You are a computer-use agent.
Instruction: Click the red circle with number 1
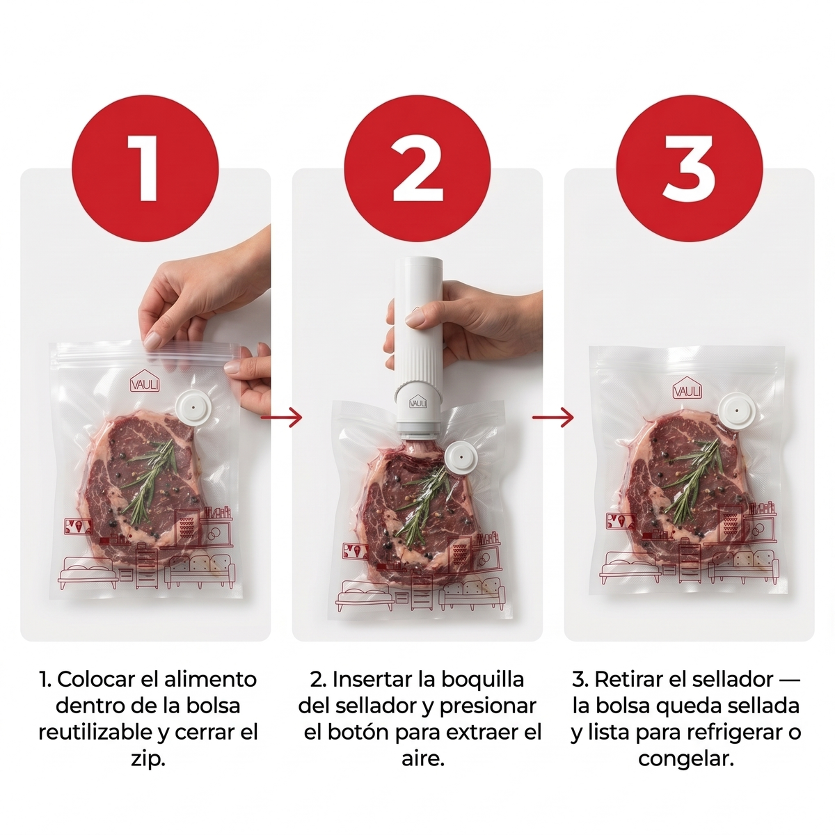click(x=145, y=168)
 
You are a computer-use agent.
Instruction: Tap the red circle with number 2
click(x=417, y=168)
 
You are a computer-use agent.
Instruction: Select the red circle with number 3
click(x=689, y=168)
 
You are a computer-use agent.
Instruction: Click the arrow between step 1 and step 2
click(x=281, y=417)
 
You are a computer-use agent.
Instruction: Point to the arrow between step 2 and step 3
click(x=553, y=417)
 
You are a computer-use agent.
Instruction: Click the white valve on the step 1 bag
click(x=193, y=406)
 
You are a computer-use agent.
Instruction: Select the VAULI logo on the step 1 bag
click(x=145, y=381)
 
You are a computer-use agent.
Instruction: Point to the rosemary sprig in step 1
click(x=149, y=480)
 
